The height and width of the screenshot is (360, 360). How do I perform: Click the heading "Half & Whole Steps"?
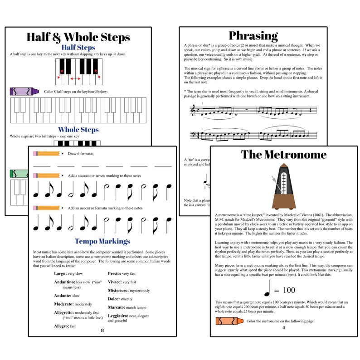(x=78, y=37)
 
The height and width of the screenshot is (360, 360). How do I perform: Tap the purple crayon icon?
(x=21, y=91)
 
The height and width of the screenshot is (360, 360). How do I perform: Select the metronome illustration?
(x=283, y=186)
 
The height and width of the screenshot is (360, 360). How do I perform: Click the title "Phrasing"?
(x=253, y=35)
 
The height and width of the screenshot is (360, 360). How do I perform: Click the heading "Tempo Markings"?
(x=102, y=241)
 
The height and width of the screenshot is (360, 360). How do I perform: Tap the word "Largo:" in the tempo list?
(x=60, y=274)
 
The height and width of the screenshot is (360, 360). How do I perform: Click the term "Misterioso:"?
(x=121, y=291)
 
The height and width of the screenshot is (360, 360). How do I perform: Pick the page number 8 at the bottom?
(x=102, y=330)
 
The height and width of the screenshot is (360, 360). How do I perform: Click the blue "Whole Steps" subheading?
(x=78, y=130)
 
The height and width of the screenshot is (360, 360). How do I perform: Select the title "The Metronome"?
(x=283, y=155)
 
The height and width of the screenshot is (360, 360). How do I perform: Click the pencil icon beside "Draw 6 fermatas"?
(x=47, y=154)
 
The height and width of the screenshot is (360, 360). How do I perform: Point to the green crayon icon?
(x=16, y=174)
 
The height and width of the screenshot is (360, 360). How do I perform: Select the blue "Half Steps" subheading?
(x=78, y=48)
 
